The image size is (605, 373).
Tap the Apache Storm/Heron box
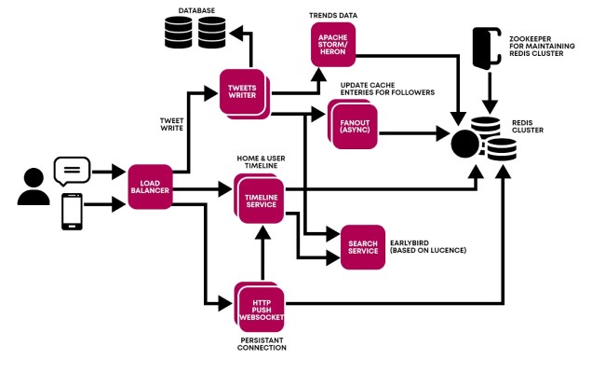tap(333, 45)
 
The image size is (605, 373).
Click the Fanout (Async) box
tap(353, 123)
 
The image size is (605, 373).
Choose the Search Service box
tap(362, 246)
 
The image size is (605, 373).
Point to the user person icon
tap(33, 187)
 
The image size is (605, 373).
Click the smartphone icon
tap(72, 211)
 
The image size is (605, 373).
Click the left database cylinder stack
tap(178, 34)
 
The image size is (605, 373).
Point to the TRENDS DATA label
tap(333, 16)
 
